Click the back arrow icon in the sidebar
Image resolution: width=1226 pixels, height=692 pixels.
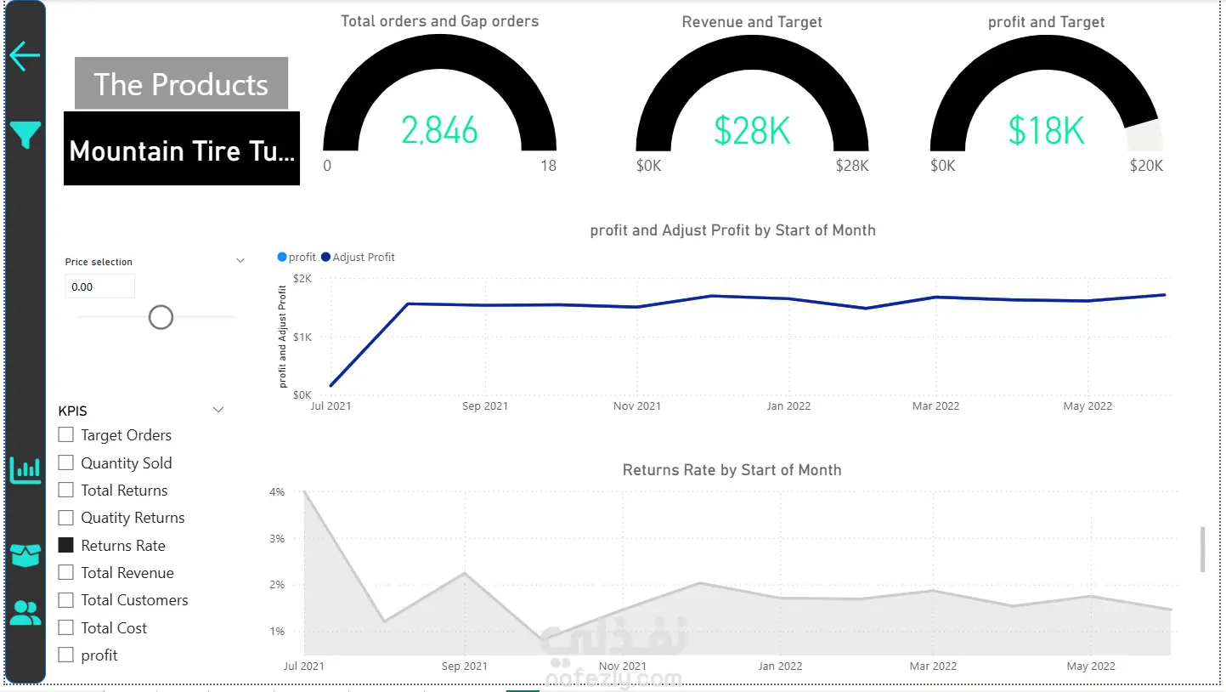25,56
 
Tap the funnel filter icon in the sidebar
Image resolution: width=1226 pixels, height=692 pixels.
25,134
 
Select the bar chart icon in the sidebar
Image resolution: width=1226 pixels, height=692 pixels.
25,470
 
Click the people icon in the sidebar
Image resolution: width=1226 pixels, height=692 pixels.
25,613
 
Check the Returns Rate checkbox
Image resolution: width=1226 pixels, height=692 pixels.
65,545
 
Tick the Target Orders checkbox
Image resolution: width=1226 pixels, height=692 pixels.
65,434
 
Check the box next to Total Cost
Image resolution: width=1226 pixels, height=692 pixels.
65,627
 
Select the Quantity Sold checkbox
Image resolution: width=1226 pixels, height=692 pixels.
65,462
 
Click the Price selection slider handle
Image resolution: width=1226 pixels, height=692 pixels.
161,318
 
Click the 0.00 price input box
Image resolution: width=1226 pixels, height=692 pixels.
99,286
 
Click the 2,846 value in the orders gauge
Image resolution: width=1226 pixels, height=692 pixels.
439,130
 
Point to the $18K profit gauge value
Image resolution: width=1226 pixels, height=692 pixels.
1046,131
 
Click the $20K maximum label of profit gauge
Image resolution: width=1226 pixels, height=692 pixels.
1146,166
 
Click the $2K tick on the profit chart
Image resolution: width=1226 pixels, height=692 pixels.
302,279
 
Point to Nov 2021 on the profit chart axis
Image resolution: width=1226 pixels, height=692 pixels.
637,406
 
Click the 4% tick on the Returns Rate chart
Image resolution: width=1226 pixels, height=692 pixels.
277,491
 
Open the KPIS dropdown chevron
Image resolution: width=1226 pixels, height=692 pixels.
218,410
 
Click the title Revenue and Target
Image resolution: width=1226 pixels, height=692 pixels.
752,22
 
